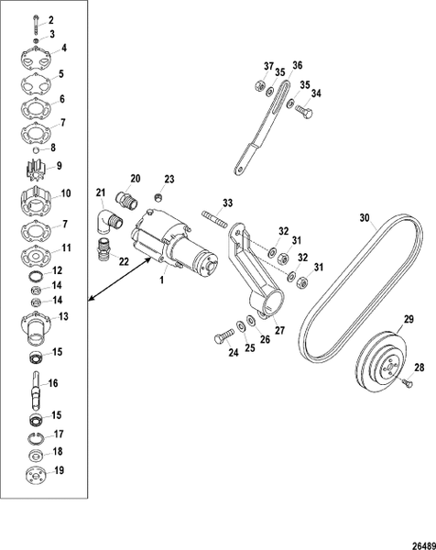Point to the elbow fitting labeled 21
coord(104,220)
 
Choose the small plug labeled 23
coord(158,196)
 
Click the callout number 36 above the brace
coord(296,65)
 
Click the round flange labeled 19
coord(37,473)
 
